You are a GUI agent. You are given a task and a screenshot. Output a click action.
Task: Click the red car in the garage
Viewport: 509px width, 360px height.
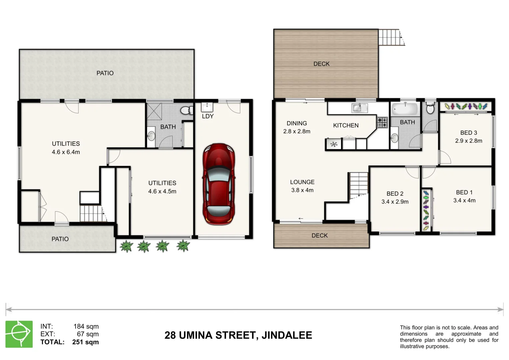pos(218,184)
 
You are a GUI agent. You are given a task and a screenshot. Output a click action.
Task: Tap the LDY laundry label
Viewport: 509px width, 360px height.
pos(207,116)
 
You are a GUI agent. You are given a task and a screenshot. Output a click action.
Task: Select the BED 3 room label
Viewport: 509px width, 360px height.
pos(468,133)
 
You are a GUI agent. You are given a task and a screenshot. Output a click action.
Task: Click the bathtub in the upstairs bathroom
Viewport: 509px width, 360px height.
pos(405,108)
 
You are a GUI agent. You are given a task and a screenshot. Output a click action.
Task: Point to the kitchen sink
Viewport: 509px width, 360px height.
pos(359,108)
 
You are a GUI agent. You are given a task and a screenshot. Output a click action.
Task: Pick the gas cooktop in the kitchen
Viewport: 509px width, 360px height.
pos(382,122)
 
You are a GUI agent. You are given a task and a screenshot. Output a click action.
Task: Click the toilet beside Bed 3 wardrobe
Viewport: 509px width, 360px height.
pos(430,108)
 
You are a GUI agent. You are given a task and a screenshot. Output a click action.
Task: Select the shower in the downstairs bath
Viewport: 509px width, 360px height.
pos(154,111)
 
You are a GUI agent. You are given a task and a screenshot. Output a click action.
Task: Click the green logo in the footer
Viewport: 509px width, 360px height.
pos(19,334)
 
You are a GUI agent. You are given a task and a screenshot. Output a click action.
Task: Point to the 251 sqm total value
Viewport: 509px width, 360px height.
pos(85,342)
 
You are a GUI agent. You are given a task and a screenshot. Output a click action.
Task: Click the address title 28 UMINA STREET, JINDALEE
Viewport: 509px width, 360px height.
pos(238,335)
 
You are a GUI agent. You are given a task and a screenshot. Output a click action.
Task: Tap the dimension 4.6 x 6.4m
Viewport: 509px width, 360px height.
pos(66,152)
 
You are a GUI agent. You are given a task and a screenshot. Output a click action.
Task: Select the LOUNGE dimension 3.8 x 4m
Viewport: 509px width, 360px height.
pos(302,190)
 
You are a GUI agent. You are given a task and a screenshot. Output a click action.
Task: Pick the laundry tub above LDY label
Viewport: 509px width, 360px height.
pos(207,107)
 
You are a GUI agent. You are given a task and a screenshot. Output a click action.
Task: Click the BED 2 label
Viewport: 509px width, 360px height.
pos(395,194)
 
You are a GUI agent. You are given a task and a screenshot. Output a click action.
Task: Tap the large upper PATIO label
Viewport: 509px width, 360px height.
pos(105,73)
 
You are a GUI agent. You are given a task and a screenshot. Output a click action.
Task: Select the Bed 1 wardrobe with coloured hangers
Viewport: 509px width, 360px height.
pos(426,210)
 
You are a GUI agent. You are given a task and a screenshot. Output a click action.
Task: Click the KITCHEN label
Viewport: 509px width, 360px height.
pos(346,125)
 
